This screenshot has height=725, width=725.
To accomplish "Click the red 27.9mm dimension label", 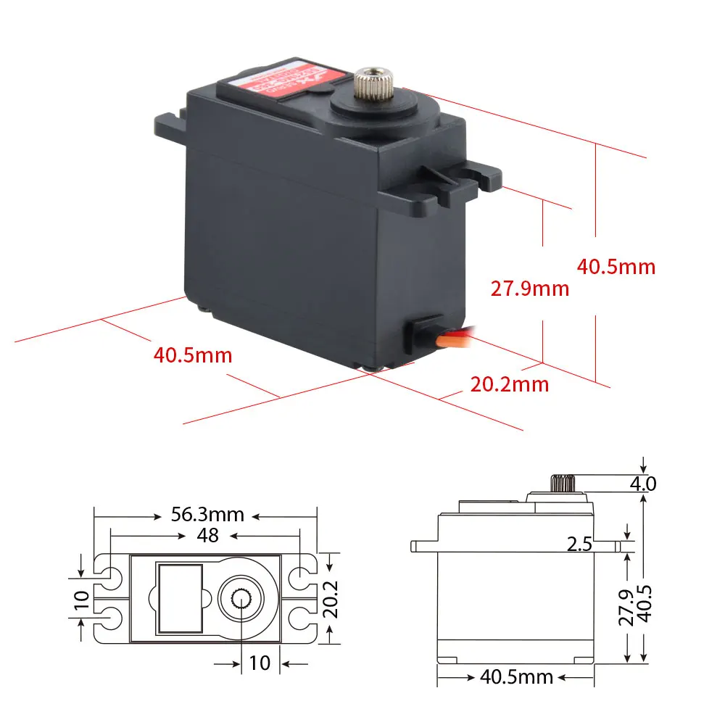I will coord(530,289).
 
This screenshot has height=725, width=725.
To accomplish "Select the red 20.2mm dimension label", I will coord(510,384).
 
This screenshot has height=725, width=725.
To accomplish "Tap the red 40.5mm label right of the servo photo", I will coord(616,266).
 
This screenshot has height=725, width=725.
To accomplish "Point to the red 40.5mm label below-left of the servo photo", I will coord(193,355).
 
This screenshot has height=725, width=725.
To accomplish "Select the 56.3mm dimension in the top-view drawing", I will coord(207,515).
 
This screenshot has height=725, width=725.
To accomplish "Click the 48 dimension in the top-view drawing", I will coord(207,536).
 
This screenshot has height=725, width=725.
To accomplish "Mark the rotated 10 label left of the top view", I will coord(82,598).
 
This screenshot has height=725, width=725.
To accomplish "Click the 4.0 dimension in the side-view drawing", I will coord(643,483).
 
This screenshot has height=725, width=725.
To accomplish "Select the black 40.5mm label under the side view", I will coord(516,677).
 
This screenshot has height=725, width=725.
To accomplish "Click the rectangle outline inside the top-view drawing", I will coord(178,598).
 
